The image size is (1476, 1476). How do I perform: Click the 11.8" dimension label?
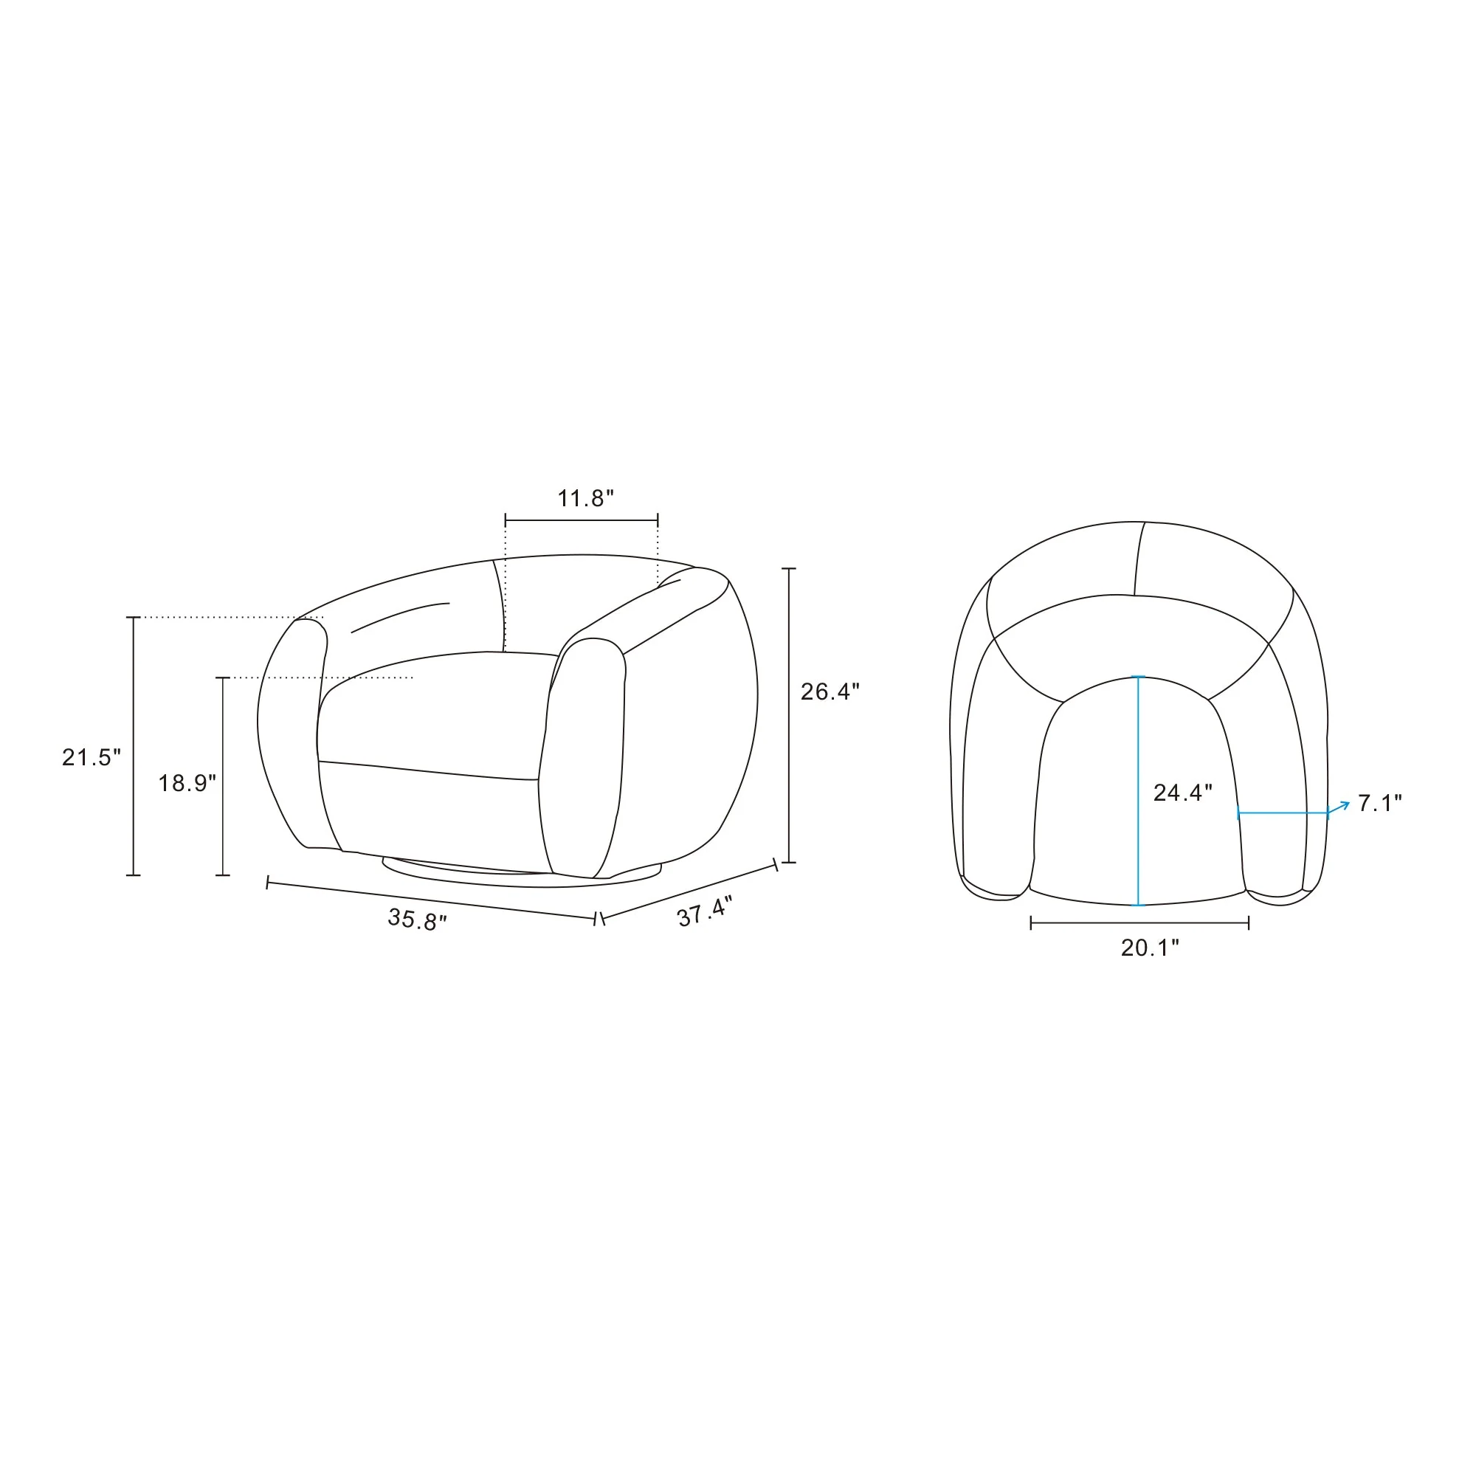coord(585,499)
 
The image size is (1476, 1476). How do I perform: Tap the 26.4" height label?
coord(830,692)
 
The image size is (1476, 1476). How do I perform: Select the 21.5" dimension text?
coord(92,757)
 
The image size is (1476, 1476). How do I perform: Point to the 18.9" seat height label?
coord(187,783)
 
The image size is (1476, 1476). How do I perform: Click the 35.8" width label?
coord(417,919)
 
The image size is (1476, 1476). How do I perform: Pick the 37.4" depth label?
coord(704,911)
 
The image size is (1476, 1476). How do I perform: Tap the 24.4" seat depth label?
coord(1182,792)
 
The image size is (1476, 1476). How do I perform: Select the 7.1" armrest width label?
coord(1380,803)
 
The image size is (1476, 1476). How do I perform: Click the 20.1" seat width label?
coord(1150,948)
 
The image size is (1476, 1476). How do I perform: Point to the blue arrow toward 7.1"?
coord(1339,807)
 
